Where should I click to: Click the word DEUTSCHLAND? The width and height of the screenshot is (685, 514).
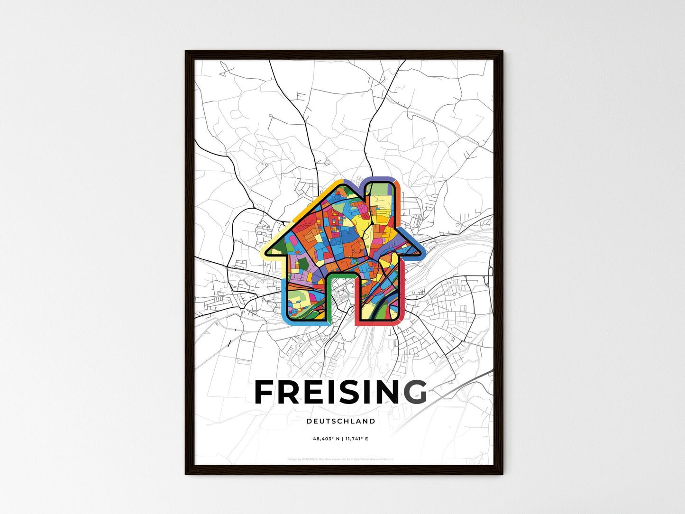(x=341, y=421)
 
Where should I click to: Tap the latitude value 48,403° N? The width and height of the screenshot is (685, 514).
(x=326, y=439)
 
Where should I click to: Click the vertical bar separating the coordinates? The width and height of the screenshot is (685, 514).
(x=342, y=439)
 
